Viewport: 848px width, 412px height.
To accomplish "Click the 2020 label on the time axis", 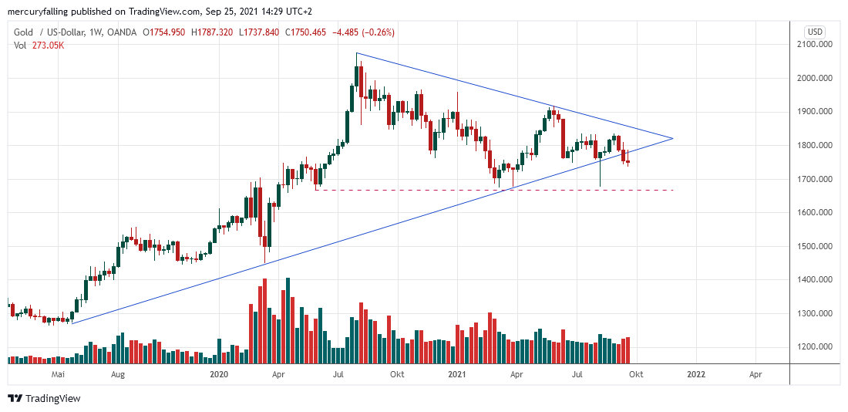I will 220,374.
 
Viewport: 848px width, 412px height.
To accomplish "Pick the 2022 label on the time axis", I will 696,374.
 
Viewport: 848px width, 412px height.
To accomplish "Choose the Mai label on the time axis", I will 57,374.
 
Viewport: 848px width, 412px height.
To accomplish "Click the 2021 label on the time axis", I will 457,374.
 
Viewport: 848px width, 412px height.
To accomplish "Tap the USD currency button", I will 814,32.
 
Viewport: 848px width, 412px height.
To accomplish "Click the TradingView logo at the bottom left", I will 44,398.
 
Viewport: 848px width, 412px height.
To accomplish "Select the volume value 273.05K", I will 48,45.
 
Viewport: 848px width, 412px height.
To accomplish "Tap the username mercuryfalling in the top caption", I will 40,12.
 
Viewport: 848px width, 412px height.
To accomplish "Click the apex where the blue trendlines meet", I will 673,139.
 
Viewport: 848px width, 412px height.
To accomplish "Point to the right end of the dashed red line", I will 673,190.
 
